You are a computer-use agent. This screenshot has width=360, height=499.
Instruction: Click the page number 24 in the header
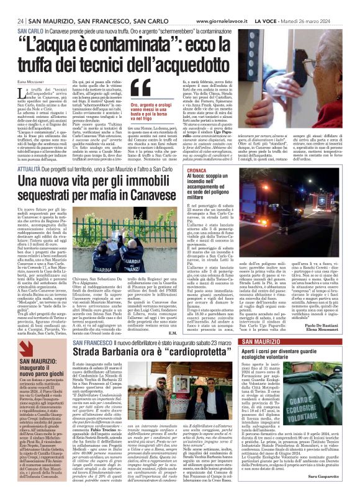click(x=12, y=21)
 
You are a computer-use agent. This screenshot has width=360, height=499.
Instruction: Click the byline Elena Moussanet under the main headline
click(x=24, y=81)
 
